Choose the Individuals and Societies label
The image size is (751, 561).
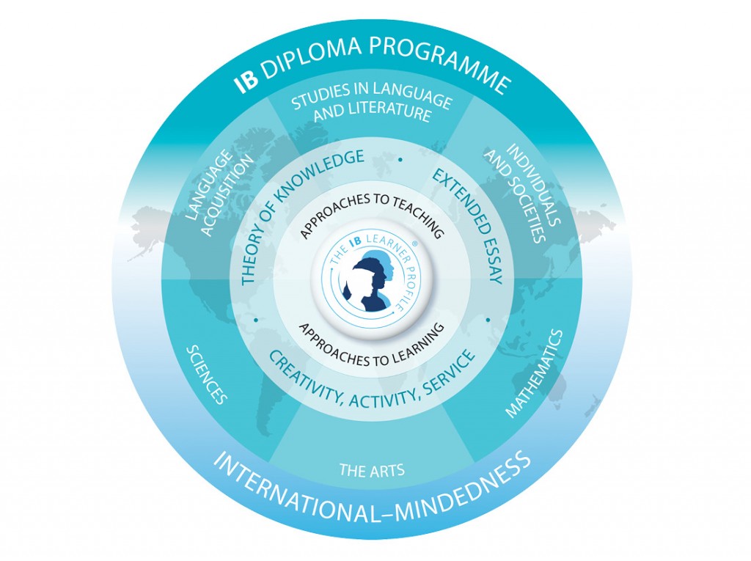click(522, 191)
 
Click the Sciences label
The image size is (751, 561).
click(206, 374)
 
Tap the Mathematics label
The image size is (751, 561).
click(534, 373)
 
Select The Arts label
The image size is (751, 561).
click(372, 470)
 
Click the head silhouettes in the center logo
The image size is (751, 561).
click(373, 280)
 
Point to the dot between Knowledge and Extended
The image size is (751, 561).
click(400, 160)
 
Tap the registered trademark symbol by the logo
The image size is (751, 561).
click(414, 243)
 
